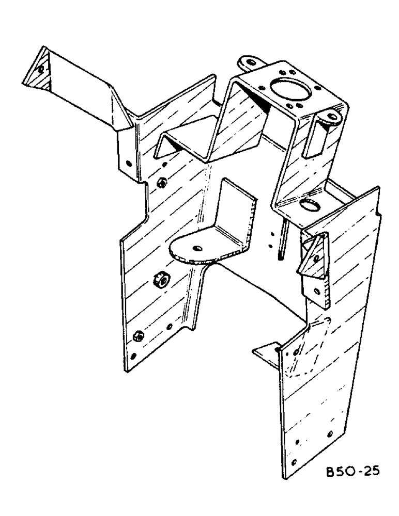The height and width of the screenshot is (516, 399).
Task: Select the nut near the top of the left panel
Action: (162, 183)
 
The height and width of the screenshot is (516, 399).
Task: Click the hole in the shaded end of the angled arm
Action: (40, 69)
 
